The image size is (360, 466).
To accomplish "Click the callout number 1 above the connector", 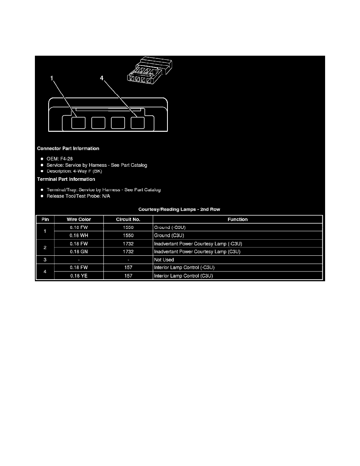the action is (x=52, y=78).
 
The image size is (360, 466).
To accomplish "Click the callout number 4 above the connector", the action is (x=102, y=78).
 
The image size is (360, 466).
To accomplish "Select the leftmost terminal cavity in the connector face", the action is (x=78, y=123).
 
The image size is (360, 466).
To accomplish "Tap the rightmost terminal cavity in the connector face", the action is (x=138, y=123).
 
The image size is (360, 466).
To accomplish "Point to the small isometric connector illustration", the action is (x=150, y=69).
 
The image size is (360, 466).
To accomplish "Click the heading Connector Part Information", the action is (x=68, y=148).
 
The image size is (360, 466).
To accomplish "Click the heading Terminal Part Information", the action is (x=66, y=179).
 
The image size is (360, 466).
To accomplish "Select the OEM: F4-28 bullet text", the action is (x=60, y=159).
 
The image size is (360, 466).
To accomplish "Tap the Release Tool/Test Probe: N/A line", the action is (x=78, y=196).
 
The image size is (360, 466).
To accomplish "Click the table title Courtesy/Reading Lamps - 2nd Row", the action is (x=179, y=209).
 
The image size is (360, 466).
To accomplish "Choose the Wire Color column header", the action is (x=79, y=219).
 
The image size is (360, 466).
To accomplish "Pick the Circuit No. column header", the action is (x=128, y=219).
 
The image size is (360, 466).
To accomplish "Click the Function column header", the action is (x=238, y=219).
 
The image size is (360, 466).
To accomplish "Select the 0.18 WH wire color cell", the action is (x=79, y=235).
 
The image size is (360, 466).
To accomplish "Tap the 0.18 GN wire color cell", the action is (x=79, y=251).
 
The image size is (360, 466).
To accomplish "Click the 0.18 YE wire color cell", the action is (x=79, y=276).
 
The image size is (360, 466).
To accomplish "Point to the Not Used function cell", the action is (x=164, y=260).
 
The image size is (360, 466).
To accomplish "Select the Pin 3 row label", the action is (x=45, y=260).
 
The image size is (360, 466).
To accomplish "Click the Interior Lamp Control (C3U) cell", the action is (x=184, y=276).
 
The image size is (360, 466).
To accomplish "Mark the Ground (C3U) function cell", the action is (x=169, y=235).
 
